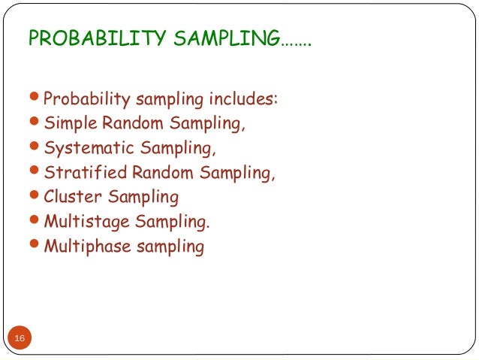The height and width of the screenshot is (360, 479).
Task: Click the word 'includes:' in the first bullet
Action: pyautogui.click(x=245, y=99)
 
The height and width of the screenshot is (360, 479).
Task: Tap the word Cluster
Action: pyautogui.click(x=73, y=198)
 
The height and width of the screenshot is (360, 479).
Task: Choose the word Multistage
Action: pyautogui.click(x=85, y=222)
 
